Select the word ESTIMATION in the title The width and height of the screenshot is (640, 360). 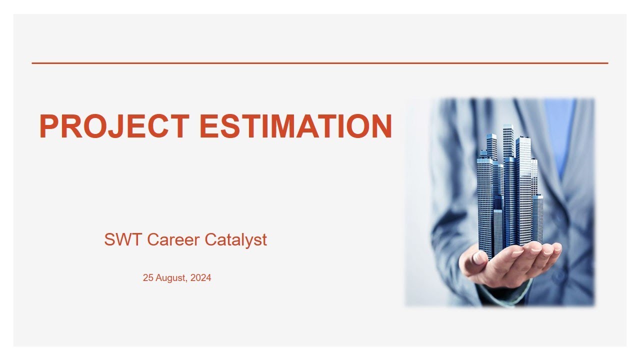pyautogui.click(x=295, y=126)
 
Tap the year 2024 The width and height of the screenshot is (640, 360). pyautogui.click(x=201, y=278)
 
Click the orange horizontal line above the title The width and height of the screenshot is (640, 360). pyautogui.click(x=320, y=63)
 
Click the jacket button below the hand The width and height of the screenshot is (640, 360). pyautogui.click(x=557, y=276)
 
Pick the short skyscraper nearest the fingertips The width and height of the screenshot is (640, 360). pyautogui.click(x=537, y=217)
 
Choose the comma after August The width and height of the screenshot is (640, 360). pyautogui.click(x=187, y=280)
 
